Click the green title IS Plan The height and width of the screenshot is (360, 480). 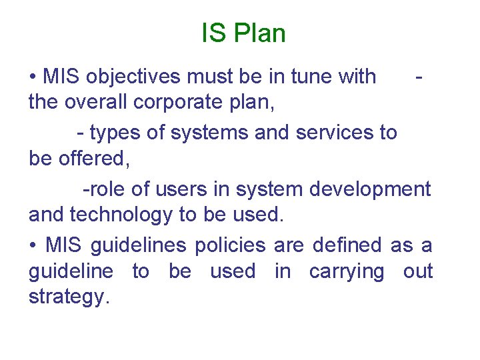pos(243,33)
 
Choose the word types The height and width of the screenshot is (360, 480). pos(115,133)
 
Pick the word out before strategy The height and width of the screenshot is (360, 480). pos(418,272)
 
